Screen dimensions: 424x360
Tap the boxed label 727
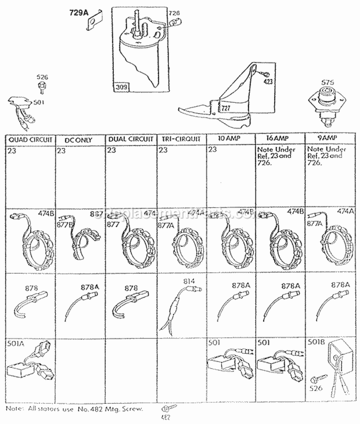tap(226, 109)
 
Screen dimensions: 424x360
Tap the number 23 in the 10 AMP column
tap(213, 150)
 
